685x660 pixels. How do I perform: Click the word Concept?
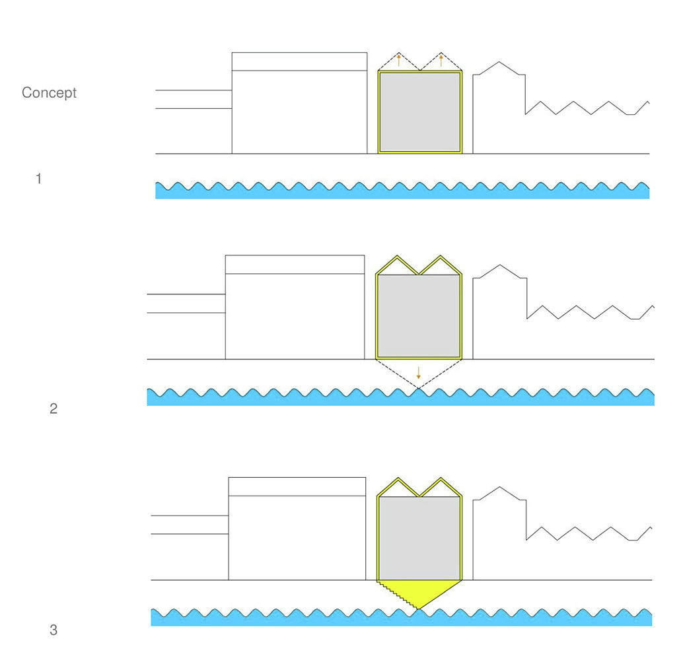[x=49, y=93]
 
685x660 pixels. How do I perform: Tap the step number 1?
[x=39, y=179]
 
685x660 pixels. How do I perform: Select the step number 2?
[x=54, y=409]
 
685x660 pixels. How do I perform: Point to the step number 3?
[x=54, y=630]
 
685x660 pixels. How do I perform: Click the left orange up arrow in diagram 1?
[x=399, y=60]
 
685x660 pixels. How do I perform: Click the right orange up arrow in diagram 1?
[x=441, y=60]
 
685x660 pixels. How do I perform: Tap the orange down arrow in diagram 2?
[x=419, y=373]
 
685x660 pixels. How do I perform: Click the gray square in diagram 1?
[x=420, y=112]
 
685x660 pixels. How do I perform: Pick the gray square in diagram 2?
[x=419, y=315]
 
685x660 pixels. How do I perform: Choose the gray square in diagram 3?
[x=419, y=538]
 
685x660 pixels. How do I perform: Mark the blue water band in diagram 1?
[x=402, y=191]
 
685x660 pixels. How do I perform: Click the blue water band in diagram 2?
[x=400, y=397]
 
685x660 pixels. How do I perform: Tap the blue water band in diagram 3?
[x=402, y=617]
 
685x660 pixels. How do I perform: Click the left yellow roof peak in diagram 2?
[x=397, y=257]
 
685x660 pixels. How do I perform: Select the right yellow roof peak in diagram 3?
[x=441, y=480]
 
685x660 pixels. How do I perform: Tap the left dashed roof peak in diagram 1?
[x=399, y=53]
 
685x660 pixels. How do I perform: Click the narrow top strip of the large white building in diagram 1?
[x=299, y=61]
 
